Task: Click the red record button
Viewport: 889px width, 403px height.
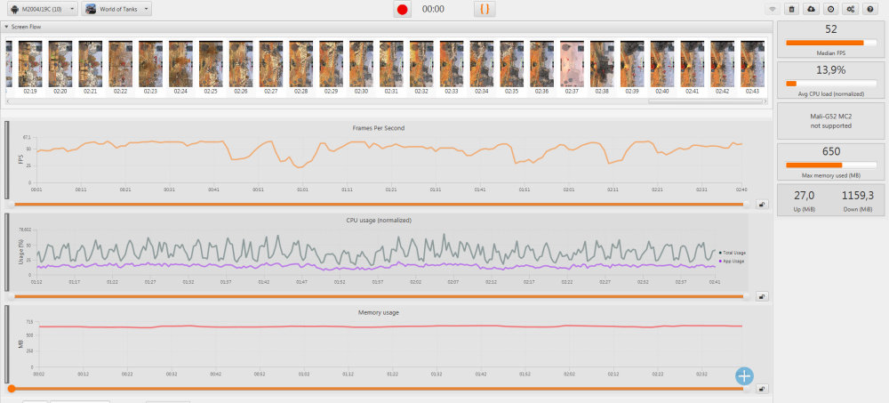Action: pos(403,9)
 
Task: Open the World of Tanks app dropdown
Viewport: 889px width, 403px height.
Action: pos(116,9)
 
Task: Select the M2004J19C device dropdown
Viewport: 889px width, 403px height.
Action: pos(42,9)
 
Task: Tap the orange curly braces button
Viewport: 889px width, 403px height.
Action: pos(485,9)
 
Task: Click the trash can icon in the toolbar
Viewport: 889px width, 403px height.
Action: pos(791,9)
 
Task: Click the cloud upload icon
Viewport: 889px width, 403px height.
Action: pos(811,9)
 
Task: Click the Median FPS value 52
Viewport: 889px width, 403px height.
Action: pos(831,29)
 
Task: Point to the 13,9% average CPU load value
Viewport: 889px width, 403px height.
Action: pos(831,69)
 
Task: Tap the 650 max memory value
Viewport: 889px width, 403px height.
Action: pos(831,151)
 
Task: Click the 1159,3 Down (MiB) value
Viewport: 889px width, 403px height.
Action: pos(858,195)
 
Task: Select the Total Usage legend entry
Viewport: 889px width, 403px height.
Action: pos(733,253)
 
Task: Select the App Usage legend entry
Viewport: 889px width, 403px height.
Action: pos(733,261)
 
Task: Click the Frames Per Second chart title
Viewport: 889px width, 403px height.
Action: pos(378,128)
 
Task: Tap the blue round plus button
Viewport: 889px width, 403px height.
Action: pos(744,375)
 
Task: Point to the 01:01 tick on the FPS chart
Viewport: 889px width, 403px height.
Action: pos(302,189)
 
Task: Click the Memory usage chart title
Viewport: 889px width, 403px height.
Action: pos(378,312)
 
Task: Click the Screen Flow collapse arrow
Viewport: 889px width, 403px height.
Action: pos(6,27)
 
